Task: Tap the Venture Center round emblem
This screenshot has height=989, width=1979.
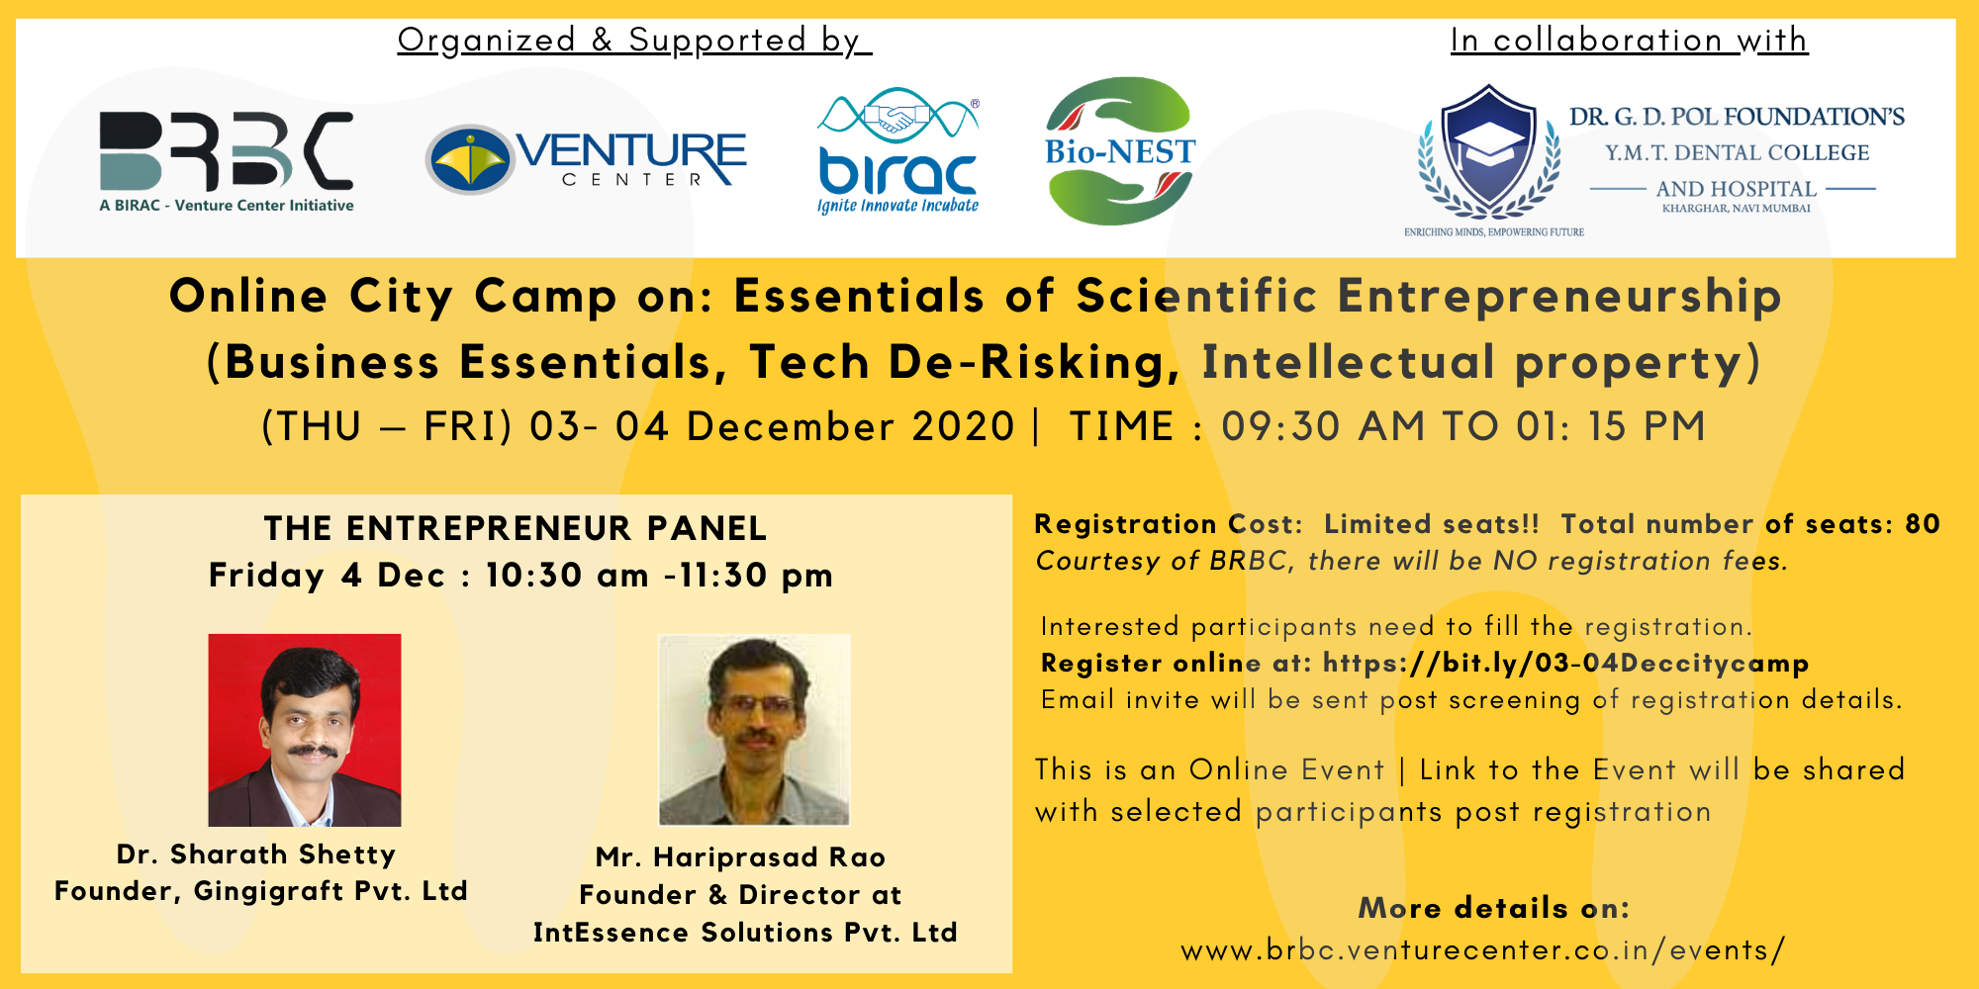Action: (x=470, y=159)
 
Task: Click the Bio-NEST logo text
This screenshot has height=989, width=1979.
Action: (x=1120, y=151)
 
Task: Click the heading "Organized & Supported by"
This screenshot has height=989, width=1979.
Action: (x=634, y=41)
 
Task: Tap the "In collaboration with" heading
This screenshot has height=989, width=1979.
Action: (x=1629, y=41)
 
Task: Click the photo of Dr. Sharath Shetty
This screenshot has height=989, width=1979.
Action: (x=305, y=730)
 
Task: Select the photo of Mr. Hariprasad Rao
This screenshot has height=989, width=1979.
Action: (x=754, y=730)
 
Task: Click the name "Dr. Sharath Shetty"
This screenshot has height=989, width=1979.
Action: (x=256, y=854)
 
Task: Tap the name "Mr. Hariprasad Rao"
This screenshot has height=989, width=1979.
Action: (x=740, y=856)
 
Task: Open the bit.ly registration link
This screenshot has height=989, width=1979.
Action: (x=1565, y=663)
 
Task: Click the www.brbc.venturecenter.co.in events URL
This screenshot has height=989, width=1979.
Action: (x=1482, y=949)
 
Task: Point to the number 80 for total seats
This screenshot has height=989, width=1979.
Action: (x=1923, y=523)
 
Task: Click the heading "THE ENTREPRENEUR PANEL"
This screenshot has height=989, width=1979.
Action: (x=515, y=528)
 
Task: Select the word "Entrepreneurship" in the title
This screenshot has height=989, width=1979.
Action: (x=1559, y=297)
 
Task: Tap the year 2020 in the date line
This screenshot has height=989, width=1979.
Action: (x=963, y=426)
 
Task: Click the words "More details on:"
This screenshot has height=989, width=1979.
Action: (x=1493, y=907)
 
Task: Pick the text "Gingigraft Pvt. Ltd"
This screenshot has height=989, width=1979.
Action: (x=330, y=891)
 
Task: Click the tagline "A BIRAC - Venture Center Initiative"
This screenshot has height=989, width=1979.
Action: (x=227, y=206)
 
